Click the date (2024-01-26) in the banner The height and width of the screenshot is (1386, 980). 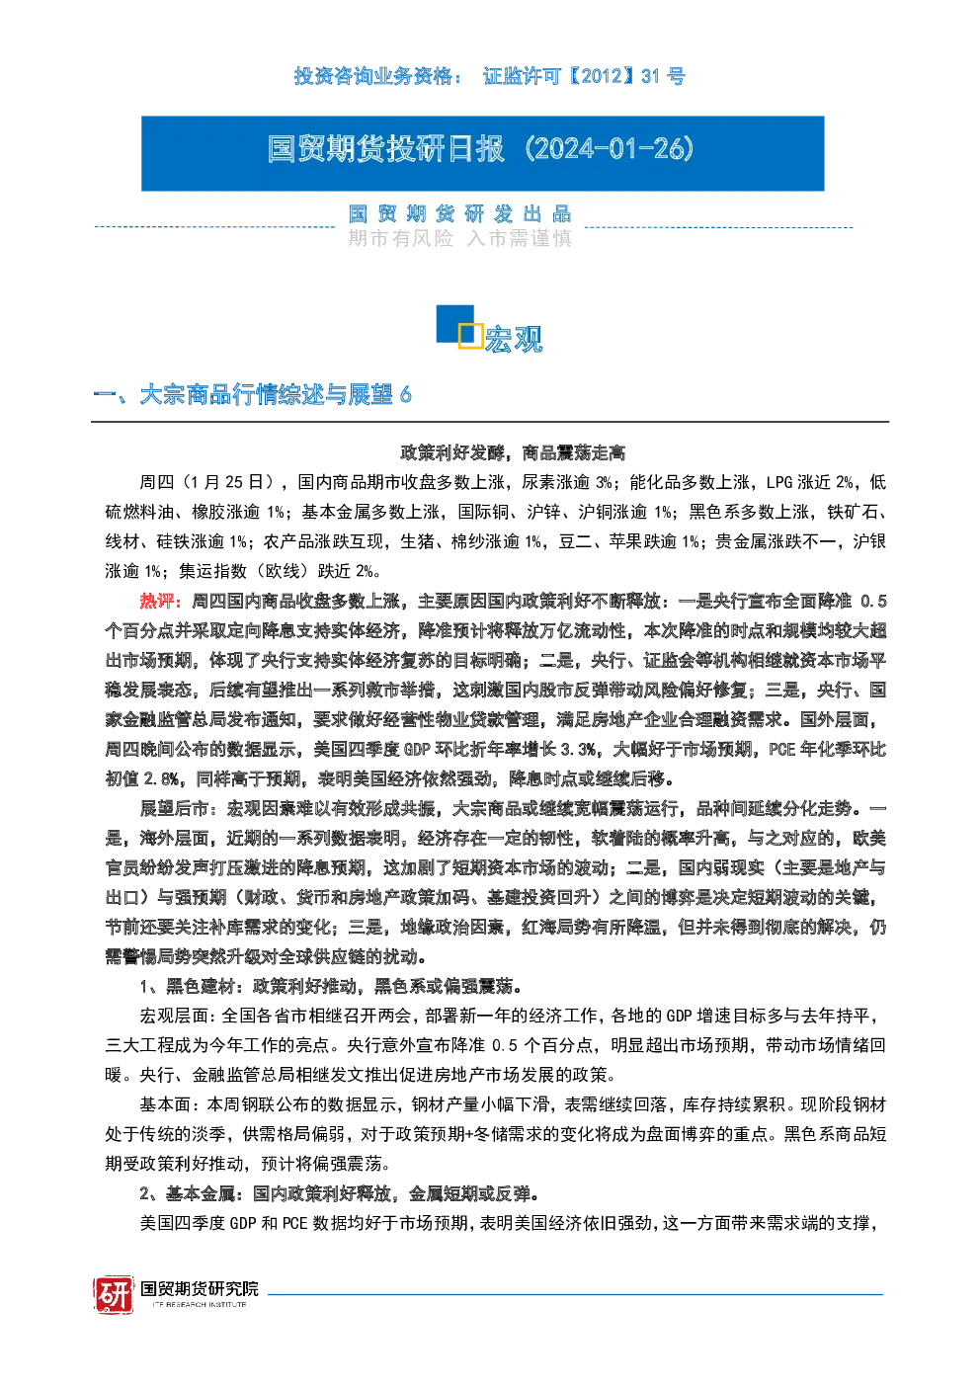click(x=609, y=149)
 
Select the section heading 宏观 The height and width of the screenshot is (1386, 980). click(x=514, y=339)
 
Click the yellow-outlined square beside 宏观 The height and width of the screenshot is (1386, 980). click(x=471, y=335)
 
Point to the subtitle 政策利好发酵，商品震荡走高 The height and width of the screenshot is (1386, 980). click(x=513, y=452)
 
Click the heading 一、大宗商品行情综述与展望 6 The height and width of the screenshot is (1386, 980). click(x=253, y=395)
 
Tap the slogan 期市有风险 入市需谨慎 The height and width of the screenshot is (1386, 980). click(x=459, y=239)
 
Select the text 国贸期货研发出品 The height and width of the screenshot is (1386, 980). click(x=459, y=214)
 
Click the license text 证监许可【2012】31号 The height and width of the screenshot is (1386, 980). click(x=584, y=77)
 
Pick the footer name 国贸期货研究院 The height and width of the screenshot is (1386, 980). click(x=200, y=1288)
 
